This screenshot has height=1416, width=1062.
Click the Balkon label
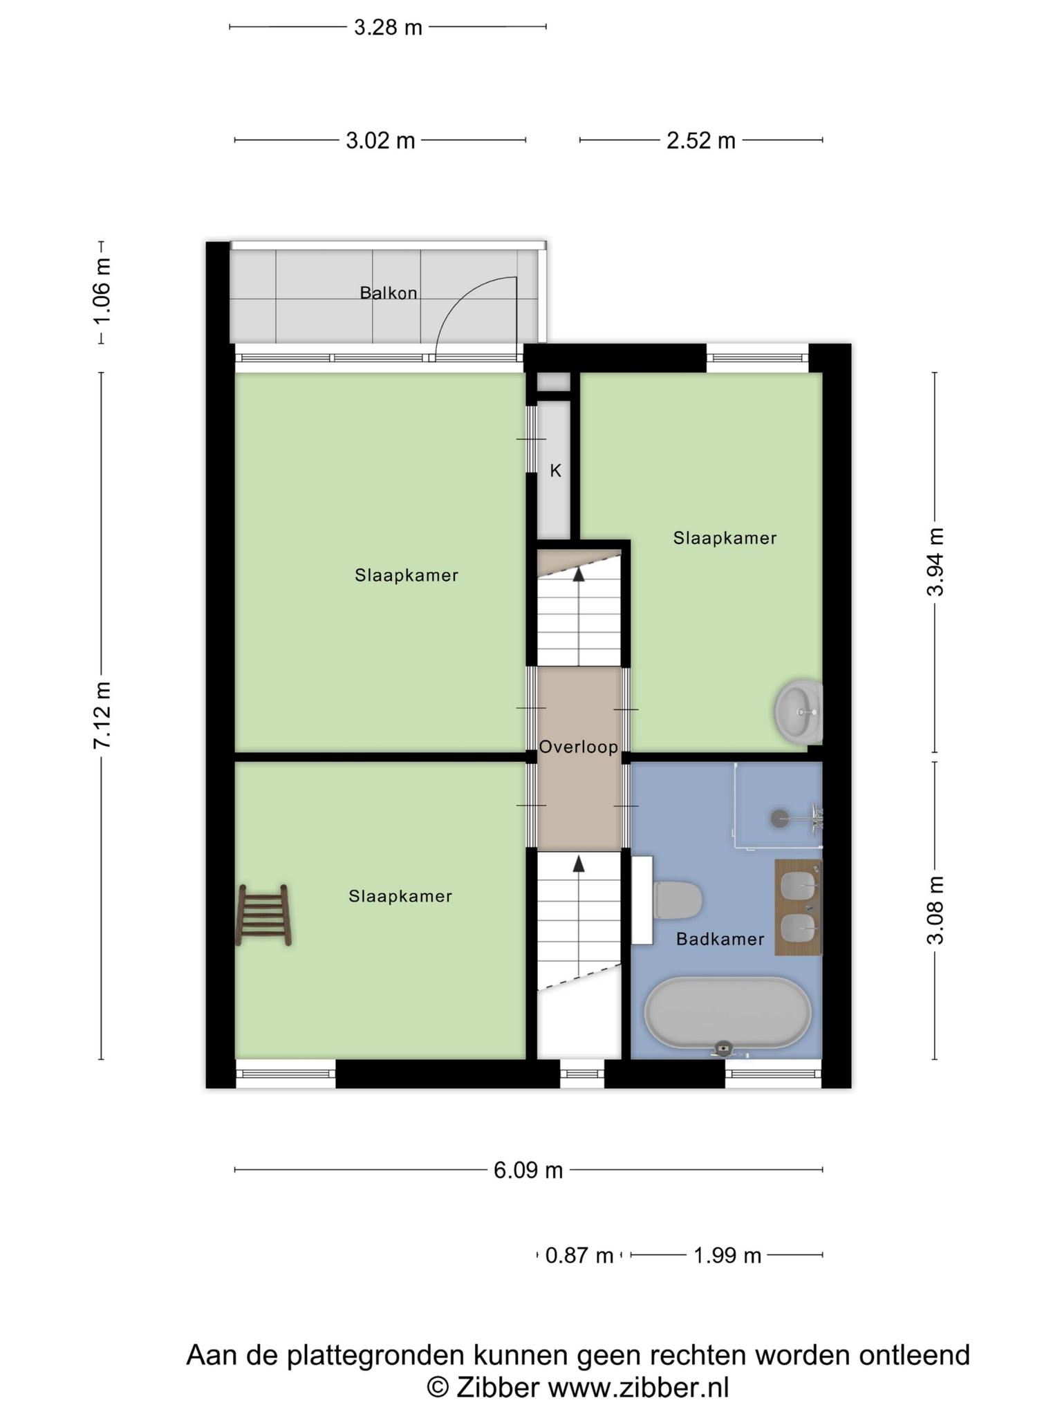[389, 293]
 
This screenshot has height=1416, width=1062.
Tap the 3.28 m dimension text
[388, 27]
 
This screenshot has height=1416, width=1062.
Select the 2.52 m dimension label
[701, 140]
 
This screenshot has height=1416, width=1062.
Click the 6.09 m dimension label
[528, 1170]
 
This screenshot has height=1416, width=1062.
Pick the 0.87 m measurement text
[579, 1255]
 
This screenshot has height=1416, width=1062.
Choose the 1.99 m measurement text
[727, 1255]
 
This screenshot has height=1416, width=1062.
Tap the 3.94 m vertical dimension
[935, 561]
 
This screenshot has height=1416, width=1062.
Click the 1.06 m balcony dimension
[102, 291]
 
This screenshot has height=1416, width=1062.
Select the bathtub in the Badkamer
[728, 1013]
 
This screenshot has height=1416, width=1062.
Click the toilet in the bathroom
[678, 900]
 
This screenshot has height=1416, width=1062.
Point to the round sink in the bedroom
[799, 711]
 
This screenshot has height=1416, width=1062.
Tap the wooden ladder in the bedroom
[263, 915]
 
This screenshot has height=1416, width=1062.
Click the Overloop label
[579, 747]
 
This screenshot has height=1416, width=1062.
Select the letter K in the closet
[555, 471]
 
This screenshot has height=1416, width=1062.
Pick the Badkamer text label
[720, 939]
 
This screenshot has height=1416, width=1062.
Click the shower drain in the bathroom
[779, 818]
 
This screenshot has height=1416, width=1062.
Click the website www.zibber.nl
[638, 1388]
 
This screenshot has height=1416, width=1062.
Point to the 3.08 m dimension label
[935, 910]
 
